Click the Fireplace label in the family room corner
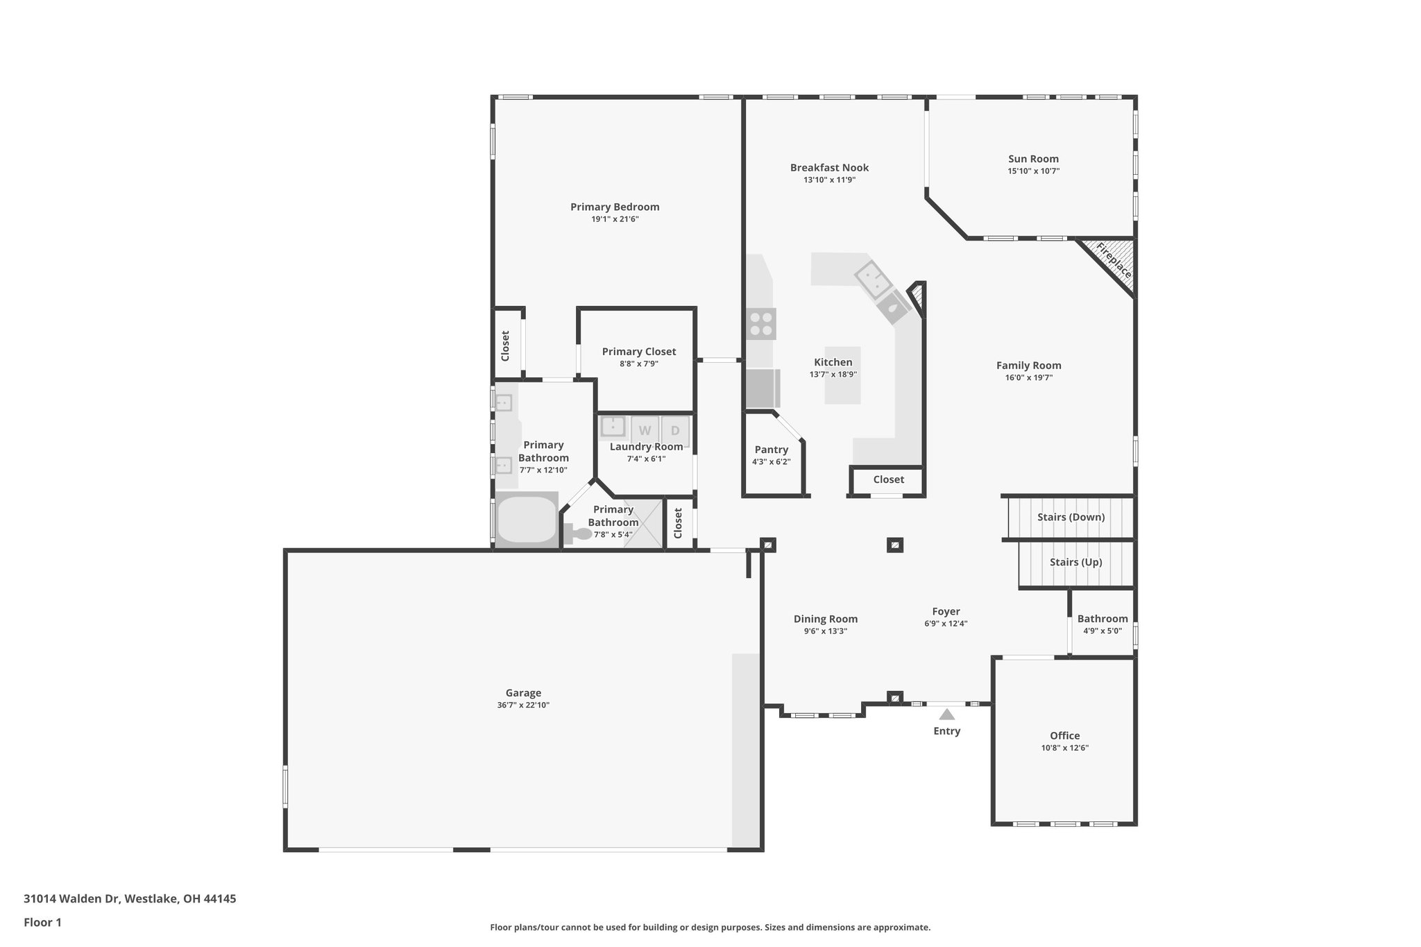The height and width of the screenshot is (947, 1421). [1114, 261]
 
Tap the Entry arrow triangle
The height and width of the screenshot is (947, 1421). [946, 714]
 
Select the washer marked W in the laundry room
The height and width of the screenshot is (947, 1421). [645, 430]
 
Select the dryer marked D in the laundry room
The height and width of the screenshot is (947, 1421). [675, 430]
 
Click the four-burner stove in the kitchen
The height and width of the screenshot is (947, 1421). [761, 323]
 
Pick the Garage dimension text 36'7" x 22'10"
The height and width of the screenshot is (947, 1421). [523, 705]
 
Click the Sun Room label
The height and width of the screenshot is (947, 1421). [1033, 159]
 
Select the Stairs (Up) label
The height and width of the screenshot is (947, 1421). [1075, 562]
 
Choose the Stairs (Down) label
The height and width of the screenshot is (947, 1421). [1071, 517]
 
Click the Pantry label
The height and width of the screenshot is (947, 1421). [771, 450]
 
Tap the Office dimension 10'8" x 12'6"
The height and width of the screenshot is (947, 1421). [1064, 748]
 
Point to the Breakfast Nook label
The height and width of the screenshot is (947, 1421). [829, 167]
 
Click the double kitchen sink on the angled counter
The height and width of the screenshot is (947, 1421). [873, 280]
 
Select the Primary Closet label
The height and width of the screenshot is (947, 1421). [638, 352]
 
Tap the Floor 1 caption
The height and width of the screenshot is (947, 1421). [42, 922]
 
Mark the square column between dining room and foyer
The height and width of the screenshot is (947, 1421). [895, 545]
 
